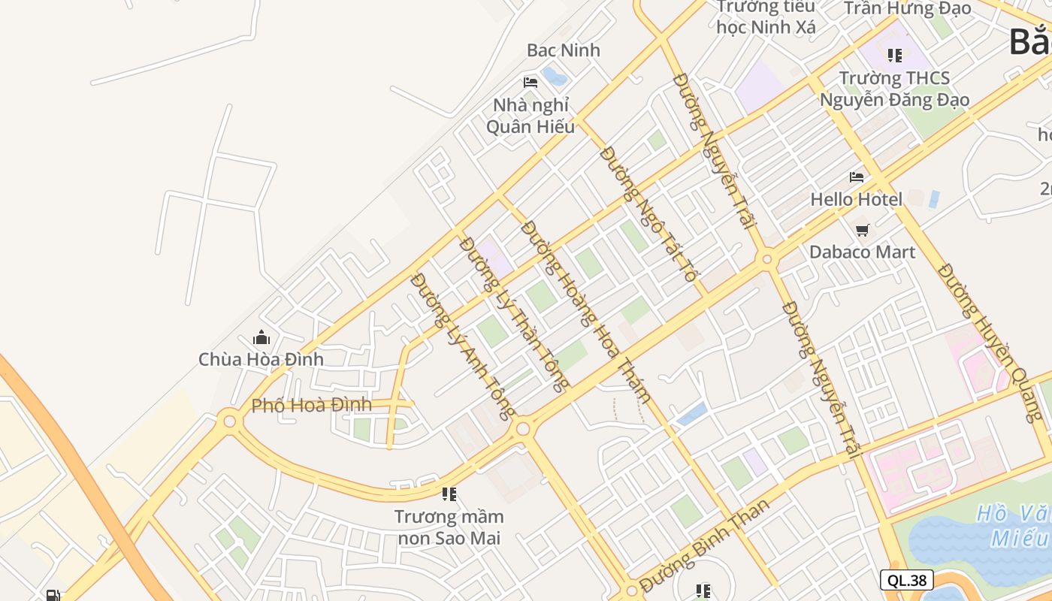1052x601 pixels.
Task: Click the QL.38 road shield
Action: pos(906,580)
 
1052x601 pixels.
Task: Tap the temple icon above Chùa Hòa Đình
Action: pos(261,337)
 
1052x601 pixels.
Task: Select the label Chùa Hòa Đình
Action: pos(261,359)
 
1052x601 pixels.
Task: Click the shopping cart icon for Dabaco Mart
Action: pos(862,230)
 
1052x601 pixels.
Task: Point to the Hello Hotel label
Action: pos(856,199)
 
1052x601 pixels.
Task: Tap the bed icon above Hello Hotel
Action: pos(856,177)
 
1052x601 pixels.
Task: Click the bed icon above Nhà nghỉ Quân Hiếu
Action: pos(531,82)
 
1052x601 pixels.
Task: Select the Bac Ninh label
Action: pos(564,50)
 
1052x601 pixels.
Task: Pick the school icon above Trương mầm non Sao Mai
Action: pos(449,494)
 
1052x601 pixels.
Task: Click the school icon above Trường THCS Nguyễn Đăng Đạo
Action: pos(894,55)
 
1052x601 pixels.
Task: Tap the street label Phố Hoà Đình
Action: pos(311,405)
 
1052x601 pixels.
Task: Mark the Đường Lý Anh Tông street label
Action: pos(464,346)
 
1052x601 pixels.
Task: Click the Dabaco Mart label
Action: pos(862,252)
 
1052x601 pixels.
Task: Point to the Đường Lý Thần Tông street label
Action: pos(514,314)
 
